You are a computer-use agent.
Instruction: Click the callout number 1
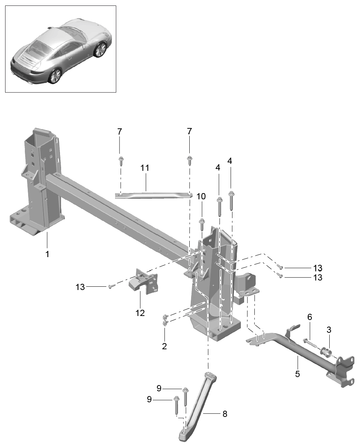47,254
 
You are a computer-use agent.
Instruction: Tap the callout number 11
145,168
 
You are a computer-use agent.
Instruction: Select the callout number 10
201,196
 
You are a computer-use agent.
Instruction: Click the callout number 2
164,346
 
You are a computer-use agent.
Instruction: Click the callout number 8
225,414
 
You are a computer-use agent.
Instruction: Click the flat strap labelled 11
154,195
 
